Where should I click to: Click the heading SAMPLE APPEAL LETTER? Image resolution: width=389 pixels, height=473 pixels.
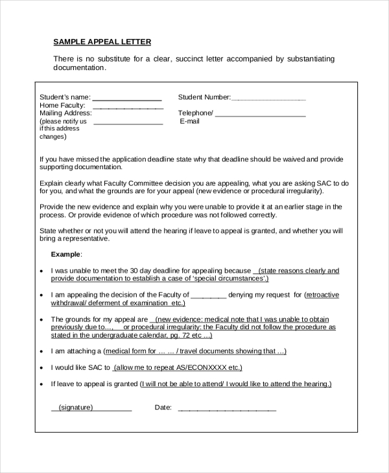point(102,42)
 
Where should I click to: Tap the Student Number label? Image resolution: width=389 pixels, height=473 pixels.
point(204,97)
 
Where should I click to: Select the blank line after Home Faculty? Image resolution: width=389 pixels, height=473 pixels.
point(128,108)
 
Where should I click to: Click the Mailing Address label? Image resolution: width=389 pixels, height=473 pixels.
point(65,113)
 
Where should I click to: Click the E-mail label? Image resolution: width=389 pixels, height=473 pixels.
point(189,121)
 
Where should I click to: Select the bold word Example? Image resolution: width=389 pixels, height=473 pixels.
point(66,255)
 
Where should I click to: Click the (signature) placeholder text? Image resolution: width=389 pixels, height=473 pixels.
point(76,408)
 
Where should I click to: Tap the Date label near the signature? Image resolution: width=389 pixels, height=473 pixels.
point(163,408)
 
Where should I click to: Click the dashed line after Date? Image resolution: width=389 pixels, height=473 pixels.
point(227,410)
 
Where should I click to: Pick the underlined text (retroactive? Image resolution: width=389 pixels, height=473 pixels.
point(322,294)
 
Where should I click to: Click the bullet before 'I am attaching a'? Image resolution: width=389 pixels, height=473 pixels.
point(42,352)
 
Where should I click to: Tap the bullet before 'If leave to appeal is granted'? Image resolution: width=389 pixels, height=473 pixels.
point(42,384)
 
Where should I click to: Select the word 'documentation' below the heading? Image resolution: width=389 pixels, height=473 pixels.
point(78,67)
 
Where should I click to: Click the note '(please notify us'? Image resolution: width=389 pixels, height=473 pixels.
point(63,121)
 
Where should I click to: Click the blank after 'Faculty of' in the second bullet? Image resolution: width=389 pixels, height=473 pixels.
point(209,295)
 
